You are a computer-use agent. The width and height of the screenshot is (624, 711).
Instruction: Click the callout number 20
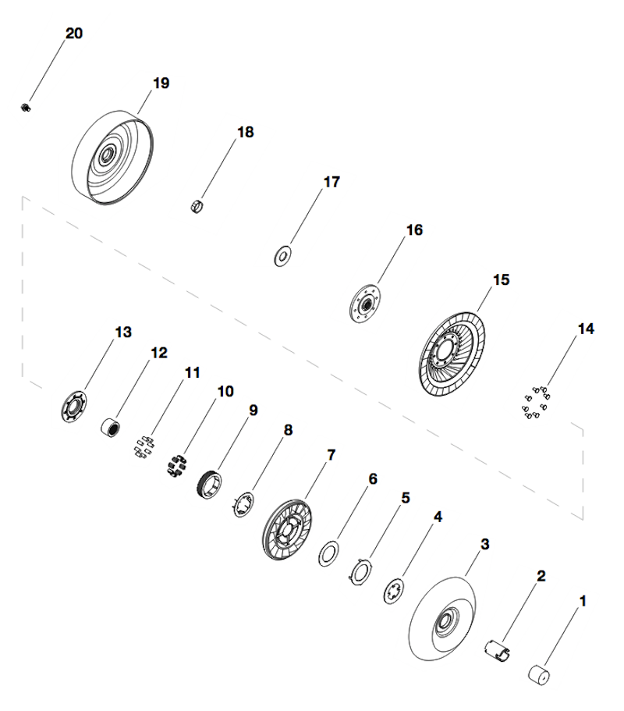pos(73,34)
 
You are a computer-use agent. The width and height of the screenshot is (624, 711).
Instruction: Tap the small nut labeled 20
pos(25,106)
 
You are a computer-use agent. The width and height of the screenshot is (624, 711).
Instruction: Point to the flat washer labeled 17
pos(282,255)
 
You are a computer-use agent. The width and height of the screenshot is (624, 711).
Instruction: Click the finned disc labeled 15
pos(453,355)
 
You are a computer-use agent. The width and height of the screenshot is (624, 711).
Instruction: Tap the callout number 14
pos(585,329)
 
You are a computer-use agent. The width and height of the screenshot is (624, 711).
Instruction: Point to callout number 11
pos(193,373)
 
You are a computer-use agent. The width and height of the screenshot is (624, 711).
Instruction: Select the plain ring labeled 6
pos(328,554)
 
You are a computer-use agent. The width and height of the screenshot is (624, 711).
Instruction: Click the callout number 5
pos(405,496)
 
